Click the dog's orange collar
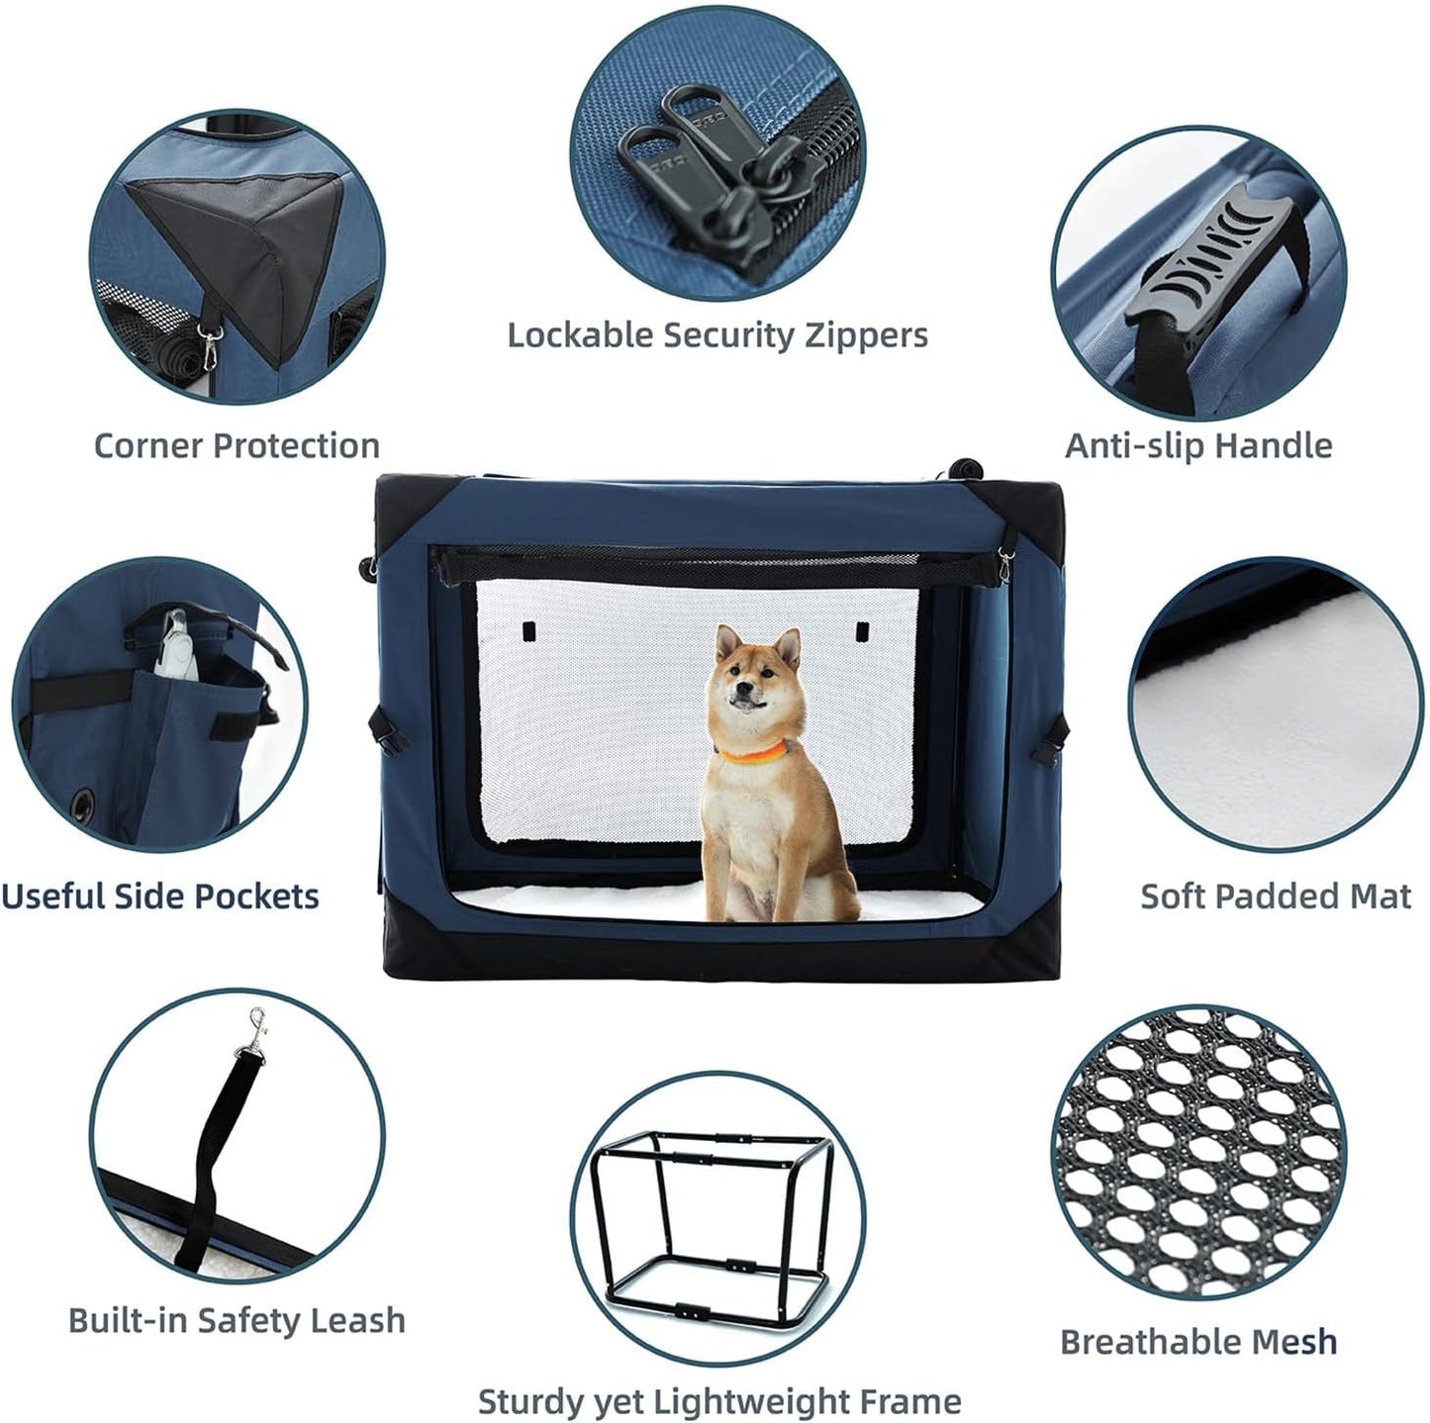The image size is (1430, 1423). tap(752, 756)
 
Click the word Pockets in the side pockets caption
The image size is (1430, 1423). tap(255, 897)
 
